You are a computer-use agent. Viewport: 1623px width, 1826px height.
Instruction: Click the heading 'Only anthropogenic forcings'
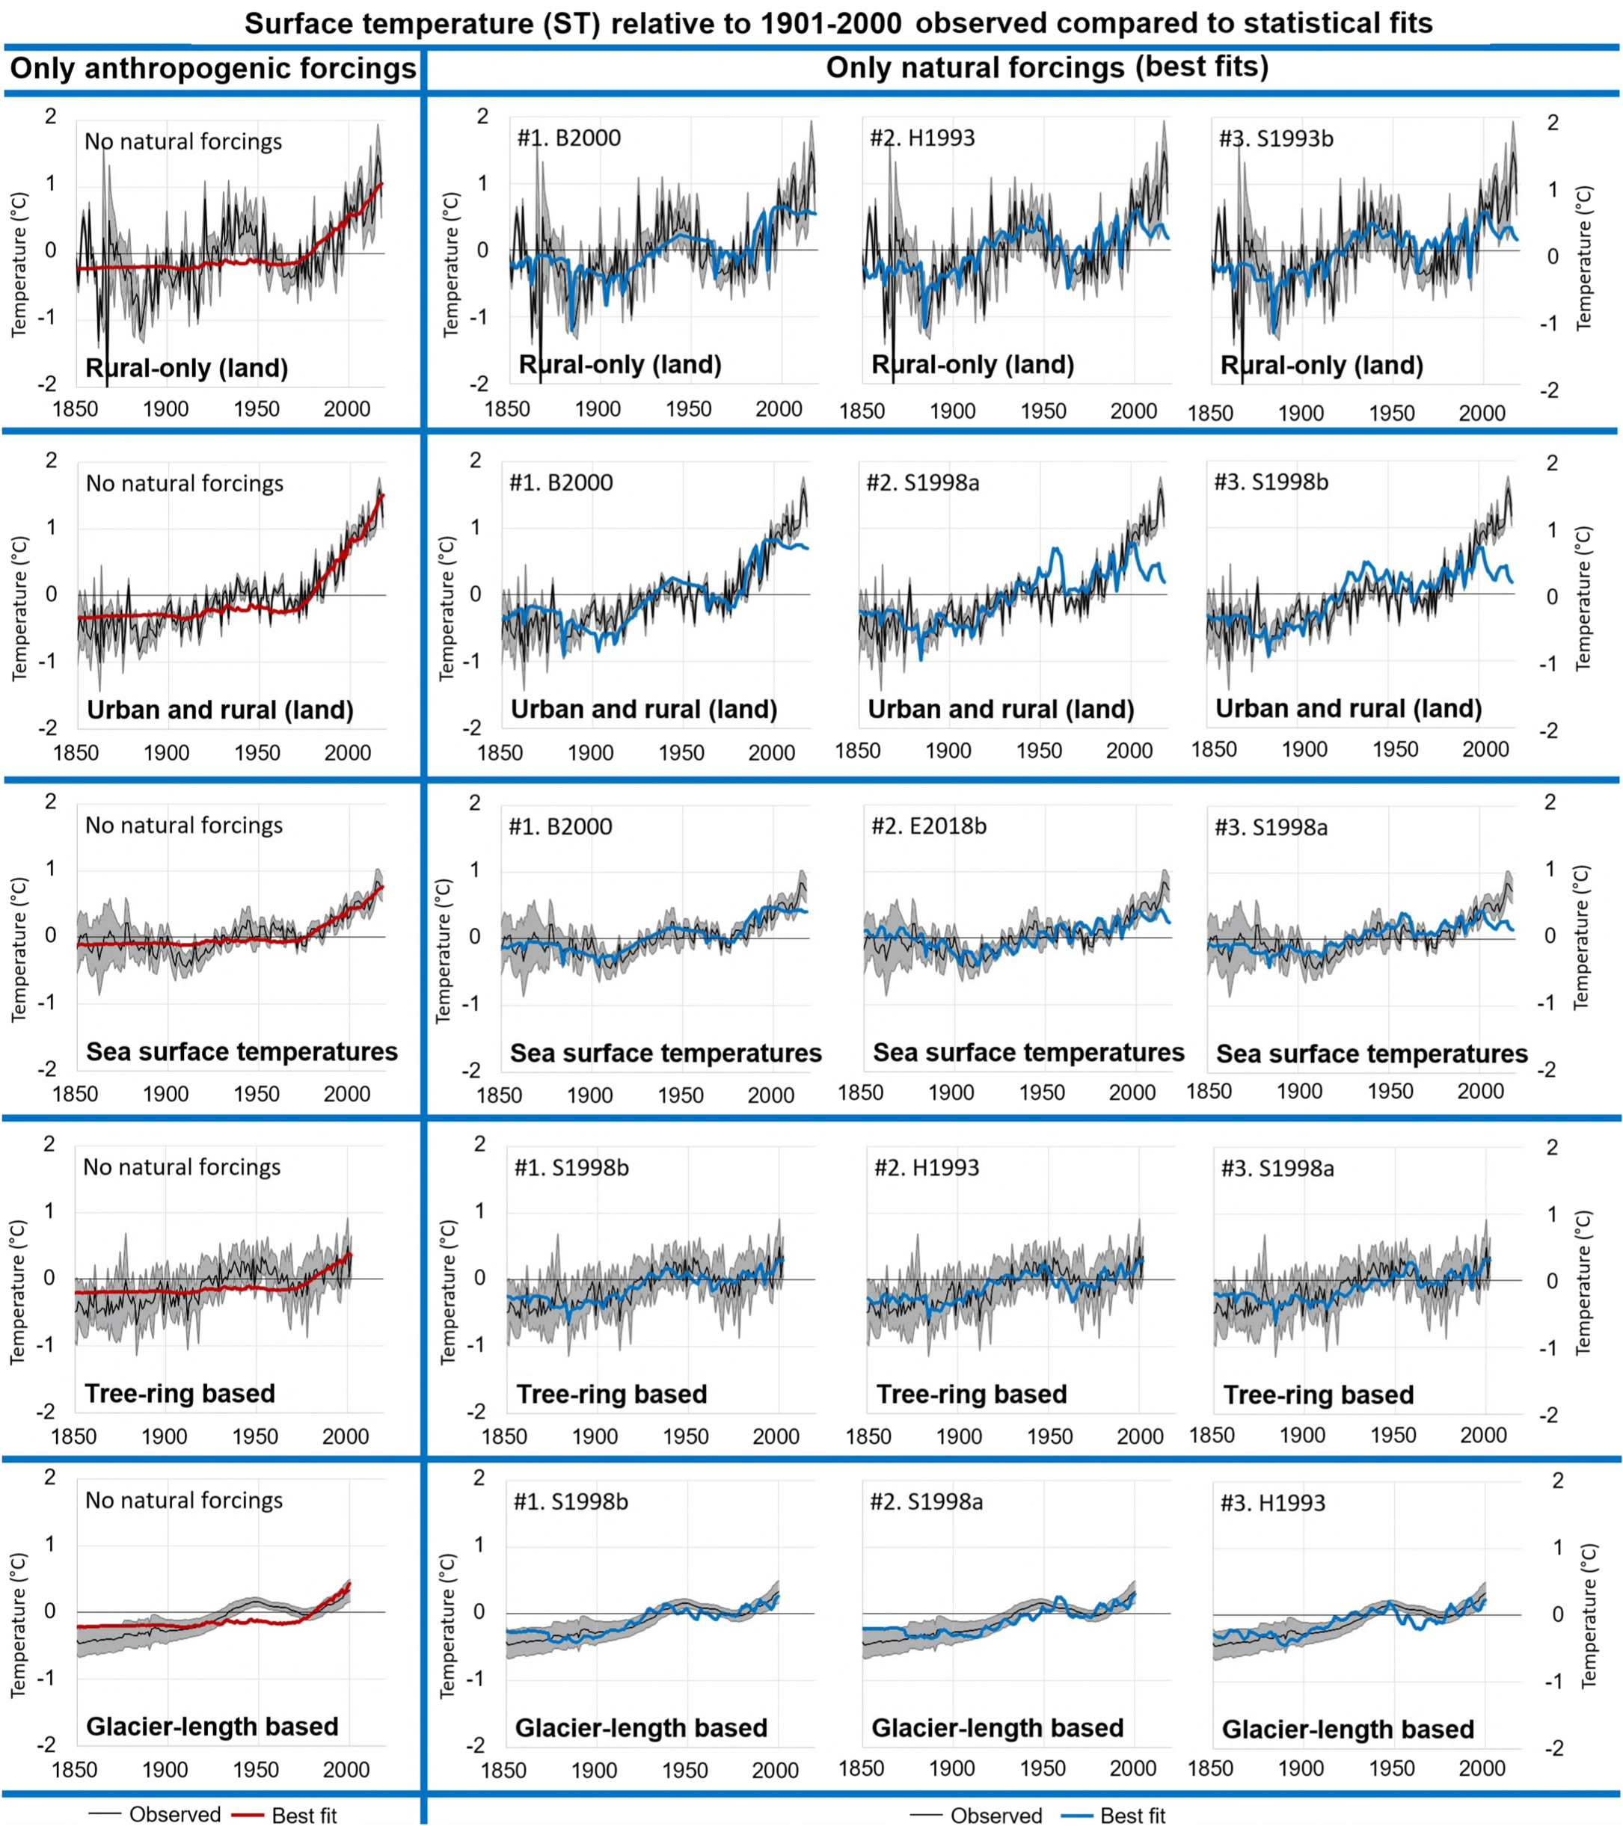tap(212, 69)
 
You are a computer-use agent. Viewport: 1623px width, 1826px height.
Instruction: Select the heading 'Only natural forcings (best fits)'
tap(1046, 67)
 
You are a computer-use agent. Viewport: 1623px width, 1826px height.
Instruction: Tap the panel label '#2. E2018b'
tap(929, 826)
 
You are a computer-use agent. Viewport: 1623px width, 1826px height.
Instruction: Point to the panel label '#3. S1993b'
tap(1275, 138)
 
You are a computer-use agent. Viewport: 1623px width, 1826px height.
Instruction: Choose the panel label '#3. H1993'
tap(1273, 1503)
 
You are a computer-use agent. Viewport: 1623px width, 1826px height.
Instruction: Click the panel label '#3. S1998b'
tap(1271, 482)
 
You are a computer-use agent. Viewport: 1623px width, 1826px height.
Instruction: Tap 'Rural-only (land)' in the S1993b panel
tap(1322, 366)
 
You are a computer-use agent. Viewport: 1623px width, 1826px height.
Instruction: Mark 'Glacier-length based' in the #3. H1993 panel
tap(1348, 1730)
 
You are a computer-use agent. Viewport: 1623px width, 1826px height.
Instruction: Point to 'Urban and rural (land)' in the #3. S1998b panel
tap(1349, 708)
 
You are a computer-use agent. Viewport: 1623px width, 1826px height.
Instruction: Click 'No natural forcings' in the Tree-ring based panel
tap(182, 1166)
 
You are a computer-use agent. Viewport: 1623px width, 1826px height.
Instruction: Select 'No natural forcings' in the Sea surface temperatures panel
tap(183, 826)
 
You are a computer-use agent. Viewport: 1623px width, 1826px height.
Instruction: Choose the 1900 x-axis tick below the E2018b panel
tap(950, 1092)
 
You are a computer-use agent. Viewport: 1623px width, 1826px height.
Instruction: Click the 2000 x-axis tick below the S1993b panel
tap(1482, 414)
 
